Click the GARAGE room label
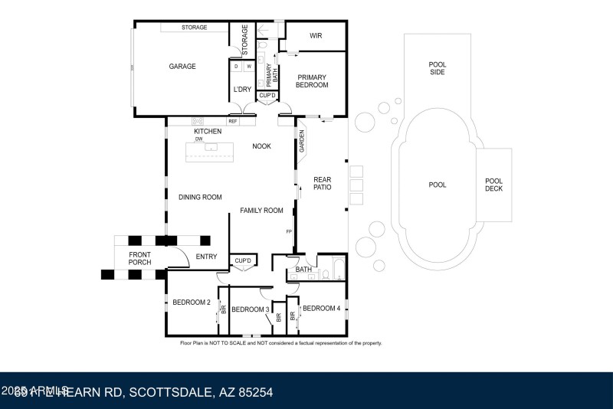pos(182,67)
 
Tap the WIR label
pos(316,35)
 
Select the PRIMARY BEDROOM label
pos(312,81)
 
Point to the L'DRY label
pos(241,90)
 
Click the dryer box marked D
pos(236,67)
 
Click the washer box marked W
pos(248,67)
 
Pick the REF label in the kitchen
pos(231,121)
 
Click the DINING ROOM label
pos(200,198)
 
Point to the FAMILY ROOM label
pos(261,211)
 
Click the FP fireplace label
pos(289,231)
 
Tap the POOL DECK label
pos(493,185)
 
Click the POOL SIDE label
pos(437,67)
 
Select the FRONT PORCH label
pos(139,259)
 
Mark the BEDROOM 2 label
pos(191,303)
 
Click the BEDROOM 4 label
pos(321,308)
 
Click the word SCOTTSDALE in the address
pos(175,392)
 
